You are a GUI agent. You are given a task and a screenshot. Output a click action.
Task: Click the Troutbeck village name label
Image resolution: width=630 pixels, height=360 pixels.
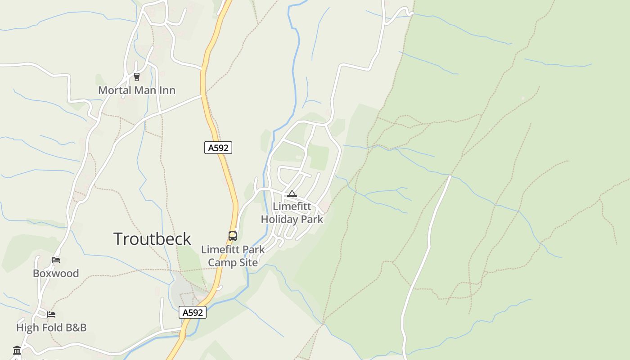(x=152, y=239)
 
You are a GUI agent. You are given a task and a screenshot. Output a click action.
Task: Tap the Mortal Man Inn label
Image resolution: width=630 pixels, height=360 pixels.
(x=137, y=90)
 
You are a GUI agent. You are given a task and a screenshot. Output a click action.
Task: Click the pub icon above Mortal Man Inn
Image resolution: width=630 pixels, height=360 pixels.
(x=137, y=77)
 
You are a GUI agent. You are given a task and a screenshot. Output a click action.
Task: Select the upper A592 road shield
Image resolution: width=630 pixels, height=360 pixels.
(x=218, y=148)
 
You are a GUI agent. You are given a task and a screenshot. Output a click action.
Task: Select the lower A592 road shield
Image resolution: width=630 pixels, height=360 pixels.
(x=193, y=312)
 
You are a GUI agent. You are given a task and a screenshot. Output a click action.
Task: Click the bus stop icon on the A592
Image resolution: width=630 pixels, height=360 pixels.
(x=233, y=236)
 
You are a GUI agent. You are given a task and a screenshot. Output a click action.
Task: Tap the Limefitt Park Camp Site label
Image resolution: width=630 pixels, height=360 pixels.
(x=233, y=256)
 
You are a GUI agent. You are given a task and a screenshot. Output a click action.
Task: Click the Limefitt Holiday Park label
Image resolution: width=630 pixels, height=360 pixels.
(x=292, y=213)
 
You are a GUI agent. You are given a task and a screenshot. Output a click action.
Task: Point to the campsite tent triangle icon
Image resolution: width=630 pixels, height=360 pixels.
(x=292, y=194)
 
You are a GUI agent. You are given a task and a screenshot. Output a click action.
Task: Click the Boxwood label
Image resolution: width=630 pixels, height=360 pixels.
(x=56, y=274)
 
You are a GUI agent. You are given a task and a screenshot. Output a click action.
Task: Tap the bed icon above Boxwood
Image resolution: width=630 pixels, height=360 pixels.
(x=56, y=260)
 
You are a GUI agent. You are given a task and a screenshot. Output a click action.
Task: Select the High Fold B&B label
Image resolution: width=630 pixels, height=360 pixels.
(x=51, y=328)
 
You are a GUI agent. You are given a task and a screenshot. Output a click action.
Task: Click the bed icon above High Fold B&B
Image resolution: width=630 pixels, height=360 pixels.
(x=51, y=314)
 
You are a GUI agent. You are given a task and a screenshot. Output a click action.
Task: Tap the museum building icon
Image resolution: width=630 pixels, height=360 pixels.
(x=17, y=350)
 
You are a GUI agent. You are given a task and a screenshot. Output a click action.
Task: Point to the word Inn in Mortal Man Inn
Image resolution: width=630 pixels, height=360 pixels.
(x=166, y=90)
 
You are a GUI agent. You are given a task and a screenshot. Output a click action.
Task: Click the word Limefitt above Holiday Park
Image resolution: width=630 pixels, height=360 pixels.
(x=292, y=207)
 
